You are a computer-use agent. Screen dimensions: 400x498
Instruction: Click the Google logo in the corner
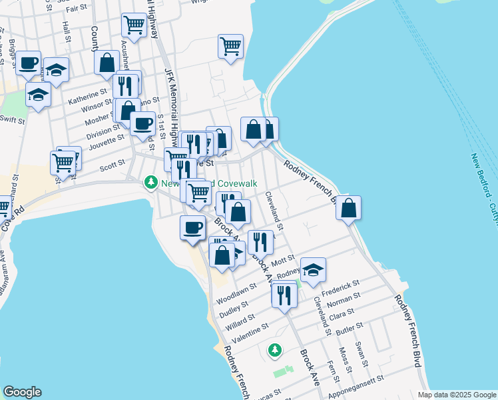pyautogui.click(x=22, y=392)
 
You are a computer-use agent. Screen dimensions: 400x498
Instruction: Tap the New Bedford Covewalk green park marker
pyautogui.click(x=151, y=182)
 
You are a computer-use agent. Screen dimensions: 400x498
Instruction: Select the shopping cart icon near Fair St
pyautogui.click(x=134, y=25)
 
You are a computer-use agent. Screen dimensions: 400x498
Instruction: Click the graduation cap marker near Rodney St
pyautogui.click(x=313, y=270)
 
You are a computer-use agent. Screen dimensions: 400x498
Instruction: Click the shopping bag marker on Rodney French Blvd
pyautogui.click(x=348, y=208)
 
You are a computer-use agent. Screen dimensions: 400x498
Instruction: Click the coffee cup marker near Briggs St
pyautogui.click(x=29, y=63)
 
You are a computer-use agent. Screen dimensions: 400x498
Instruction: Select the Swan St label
pyautogui.click(x=362, y=354)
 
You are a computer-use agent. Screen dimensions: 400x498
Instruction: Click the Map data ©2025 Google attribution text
pyautogui.click(x=456, y=395)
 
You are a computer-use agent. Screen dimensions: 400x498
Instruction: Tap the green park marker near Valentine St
pyautogui.click(x=274, y=349)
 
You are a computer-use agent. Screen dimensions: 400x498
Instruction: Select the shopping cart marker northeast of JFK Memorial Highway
pyautogui.click(x=230, y=47)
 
